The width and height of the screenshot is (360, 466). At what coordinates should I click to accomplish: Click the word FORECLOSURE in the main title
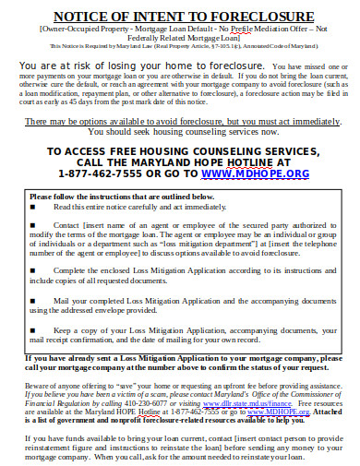[260, 17]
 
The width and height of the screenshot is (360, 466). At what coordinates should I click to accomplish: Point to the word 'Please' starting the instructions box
[41, 196]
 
